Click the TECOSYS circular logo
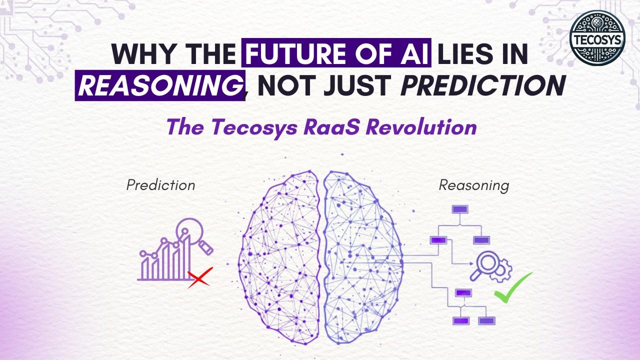[597, 38]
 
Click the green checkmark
[513, 287]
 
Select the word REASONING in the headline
[160, 85]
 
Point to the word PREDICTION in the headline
[483, 85]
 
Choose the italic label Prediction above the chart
[161, 185]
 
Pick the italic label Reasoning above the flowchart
[474, 185]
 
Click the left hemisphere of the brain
[279, 257]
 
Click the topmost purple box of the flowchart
[459, 209]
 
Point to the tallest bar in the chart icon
[186, 257]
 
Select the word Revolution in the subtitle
[421, 127]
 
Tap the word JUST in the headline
[357, 85]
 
